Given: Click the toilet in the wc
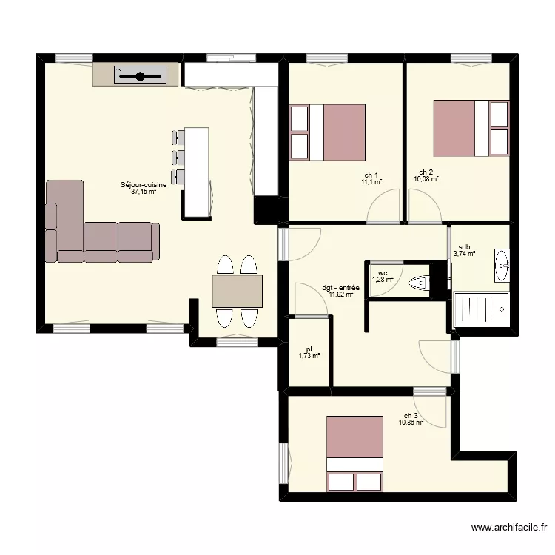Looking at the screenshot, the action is tap(419, 283).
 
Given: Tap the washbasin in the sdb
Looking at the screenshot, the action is tap(502, 266).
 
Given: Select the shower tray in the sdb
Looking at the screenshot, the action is tap(481, 309).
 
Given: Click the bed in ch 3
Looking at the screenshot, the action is tap(354, 454).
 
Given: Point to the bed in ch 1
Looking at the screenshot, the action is tap(327, 132).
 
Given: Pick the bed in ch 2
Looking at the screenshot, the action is tap(471, 129).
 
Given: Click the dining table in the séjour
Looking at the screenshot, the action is tap(237, 292).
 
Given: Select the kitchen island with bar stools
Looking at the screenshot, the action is tap(192, 172).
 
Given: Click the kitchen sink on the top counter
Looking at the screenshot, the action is tap(140, 75).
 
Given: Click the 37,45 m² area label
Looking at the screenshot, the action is tap(144, 192).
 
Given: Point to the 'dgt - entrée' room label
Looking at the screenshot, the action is tap(340, 288).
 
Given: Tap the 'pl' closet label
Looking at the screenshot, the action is tap(309, 350).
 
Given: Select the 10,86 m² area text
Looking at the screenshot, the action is tap(411, 423).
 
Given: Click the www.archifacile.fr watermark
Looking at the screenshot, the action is tap(509, 528).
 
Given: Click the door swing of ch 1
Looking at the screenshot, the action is tap(383, 206).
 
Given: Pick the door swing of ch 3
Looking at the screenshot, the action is tap(430, 411).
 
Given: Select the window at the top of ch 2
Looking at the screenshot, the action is tap(471, 58).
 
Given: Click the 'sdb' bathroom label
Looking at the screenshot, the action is tap(464, 247).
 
